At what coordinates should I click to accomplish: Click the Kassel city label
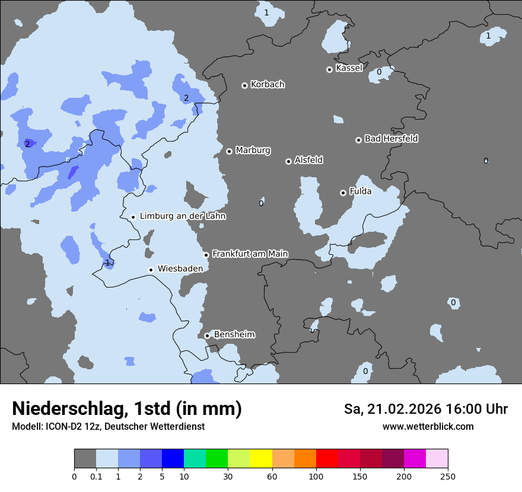[x=349, y=68]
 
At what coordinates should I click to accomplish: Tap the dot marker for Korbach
[x=244, y=85]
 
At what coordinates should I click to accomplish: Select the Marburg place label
[x=253, y=151]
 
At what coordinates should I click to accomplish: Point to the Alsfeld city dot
[x=288, y=161]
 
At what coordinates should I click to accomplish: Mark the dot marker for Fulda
[x=343, y=193]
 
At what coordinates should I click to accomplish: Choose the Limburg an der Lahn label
[x=182, y=216]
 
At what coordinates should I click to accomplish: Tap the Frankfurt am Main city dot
[x=206, y=255]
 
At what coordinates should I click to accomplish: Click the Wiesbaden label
[x=180, y=269]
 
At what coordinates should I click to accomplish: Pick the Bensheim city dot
[x=207, y=336]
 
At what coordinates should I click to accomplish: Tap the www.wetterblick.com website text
[x=428, y=426]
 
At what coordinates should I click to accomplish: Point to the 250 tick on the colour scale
[x=448, y=476]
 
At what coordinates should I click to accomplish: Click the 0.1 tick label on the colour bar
[x=96, y=476]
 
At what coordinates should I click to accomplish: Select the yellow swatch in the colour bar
[x=261, y=459]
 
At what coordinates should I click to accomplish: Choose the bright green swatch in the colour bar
[x=217, y=459]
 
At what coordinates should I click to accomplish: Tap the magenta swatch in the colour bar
[x=415, y=459]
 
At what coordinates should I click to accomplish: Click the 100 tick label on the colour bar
[x=316, y=476]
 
